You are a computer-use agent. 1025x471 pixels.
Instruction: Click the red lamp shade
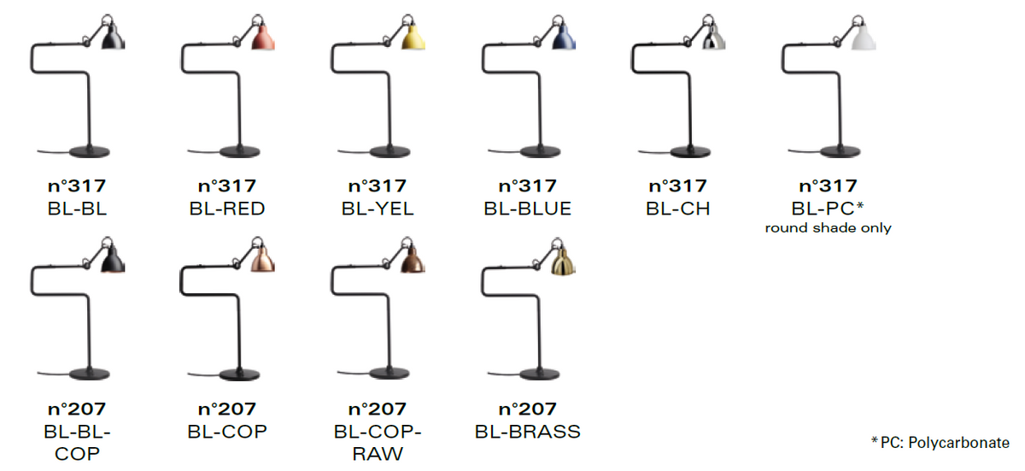[x=264, y=37]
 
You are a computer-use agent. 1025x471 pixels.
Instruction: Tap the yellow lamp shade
[x=413, y=37]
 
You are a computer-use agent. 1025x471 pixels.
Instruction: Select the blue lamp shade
[x=565, y=37]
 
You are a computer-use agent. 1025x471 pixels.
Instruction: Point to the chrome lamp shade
[x=714, y=37]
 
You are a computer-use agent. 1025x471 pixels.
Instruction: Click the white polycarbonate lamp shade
[x=864, y=37]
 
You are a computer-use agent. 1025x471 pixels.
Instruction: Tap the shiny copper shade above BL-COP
[x=264, y=260]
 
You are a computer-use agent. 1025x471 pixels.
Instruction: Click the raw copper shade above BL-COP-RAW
[x=413, y=260]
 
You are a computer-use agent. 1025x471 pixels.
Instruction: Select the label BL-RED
[x=227, y=209]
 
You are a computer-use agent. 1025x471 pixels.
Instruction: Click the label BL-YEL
[x=378, y=209]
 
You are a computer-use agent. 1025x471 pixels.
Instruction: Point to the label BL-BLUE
[x=528, y=209]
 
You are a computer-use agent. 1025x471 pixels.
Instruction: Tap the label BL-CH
[x=677, y=209]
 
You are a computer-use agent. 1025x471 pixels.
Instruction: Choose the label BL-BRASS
[x=528, y=432]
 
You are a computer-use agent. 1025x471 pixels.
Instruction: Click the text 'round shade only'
[x=829, y=228]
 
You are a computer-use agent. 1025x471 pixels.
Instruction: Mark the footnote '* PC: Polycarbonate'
[x=940, y=443]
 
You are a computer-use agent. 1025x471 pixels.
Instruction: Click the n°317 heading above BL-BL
[x=77, y=185]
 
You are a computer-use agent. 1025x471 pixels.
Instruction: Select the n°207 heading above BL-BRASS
[x=528, y=409]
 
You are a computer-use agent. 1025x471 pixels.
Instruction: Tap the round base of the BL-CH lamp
[x=690, y=151]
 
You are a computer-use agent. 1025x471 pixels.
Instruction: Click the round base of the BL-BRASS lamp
[x=540, y=374]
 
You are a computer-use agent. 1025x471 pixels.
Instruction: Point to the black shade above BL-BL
[x=113, y=37]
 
